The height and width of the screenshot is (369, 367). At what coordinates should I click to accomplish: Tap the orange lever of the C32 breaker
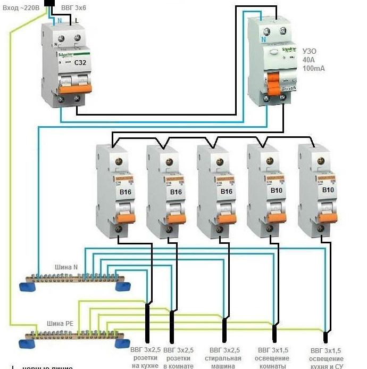click(x=70, y=89)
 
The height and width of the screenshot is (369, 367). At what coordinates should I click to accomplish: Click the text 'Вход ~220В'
click(x=21, y=7)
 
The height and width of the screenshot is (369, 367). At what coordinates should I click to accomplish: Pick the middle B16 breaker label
click(x=228, y=191)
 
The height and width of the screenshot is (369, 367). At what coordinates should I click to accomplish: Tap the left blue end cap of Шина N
click(x=27, y=287)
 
